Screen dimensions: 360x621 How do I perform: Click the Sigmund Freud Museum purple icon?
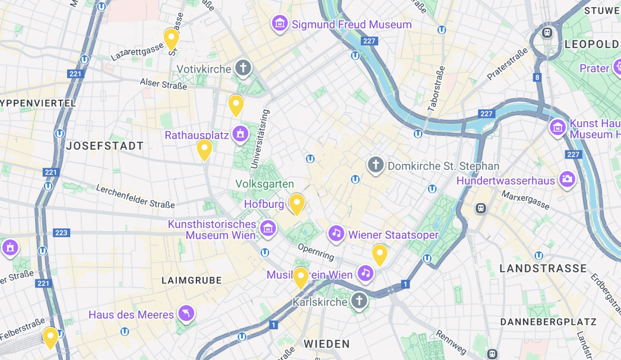[x=280, y=24]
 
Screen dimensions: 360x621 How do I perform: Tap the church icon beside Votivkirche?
[x=243, y=68]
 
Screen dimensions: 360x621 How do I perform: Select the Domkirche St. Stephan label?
[x=443, y=166]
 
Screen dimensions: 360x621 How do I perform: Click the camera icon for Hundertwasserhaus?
[x=567, y=178]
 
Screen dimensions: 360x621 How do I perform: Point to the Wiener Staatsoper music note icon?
[x=336, y=234]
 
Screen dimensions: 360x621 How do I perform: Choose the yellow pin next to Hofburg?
[x=296, y=204]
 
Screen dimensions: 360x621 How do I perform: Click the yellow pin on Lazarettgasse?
[x=171, y=38]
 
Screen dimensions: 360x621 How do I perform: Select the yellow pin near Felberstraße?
[x=50, y=337]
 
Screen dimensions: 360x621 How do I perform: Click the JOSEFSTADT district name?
[x=105, y=146]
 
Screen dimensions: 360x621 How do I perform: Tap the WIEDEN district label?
[x=327, y=344]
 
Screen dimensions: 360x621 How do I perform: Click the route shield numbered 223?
[x=62, y=233]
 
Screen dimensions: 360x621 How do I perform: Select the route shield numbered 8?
[x=537, y=77]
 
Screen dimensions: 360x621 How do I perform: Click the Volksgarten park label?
[x=265, y=184]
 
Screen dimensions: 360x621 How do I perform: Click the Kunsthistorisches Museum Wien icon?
[x=268, y=228]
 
